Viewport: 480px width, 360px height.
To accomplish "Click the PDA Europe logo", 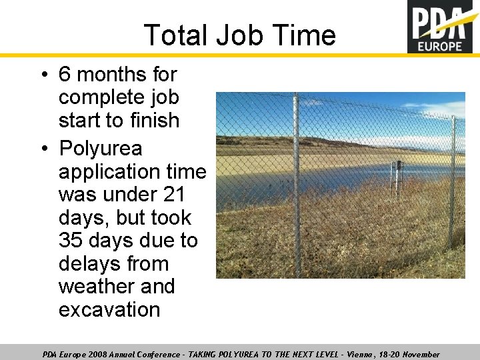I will [x=443, y=27].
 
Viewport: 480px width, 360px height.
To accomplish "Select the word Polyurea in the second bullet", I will [x=100, y=148].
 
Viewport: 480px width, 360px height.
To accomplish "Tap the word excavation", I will [x=109, y=310].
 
